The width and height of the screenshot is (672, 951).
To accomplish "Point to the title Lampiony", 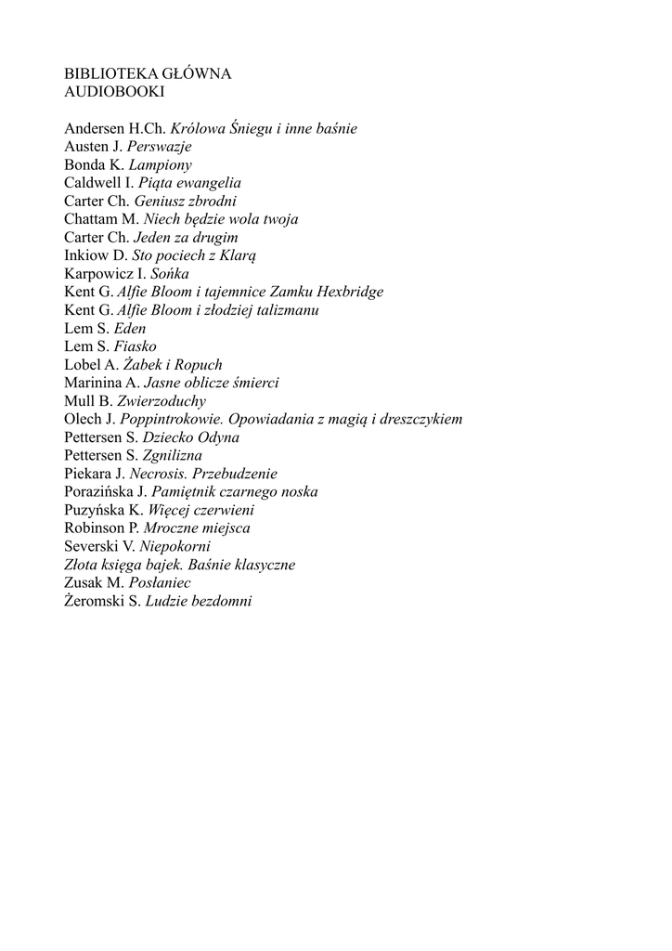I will tap(161, 165).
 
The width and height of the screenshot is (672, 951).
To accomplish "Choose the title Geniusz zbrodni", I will tap(186, 202).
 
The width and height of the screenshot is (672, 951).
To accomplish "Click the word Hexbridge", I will tap(350, 292).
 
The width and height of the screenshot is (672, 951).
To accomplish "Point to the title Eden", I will tap(130, 328).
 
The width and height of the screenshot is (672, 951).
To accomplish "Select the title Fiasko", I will tap(136, 346).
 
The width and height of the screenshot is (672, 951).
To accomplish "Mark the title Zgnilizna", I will tap(173, 455).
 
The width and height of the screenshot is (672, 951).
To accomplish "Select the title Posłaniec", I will tap(159, 582).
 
